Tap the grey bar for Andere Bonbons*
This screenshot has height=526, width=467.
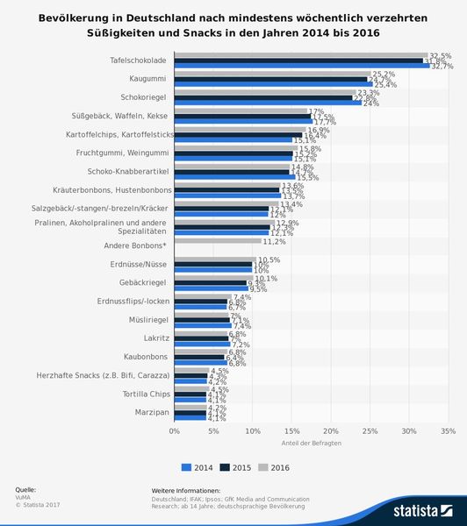click(x=218, y=240)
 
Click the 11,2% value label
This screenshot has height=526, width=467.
click(x=275, y=241)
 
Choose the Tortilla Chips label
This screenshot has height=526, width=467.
click(x=146, y=394)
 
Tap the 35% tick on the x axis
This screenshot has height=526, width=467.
click(x=448, y=431)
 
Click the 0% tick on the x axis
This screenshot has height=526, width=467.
click(x=175, y=431)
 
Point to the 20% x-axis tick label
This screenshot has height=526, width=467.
click(x=331, y=431)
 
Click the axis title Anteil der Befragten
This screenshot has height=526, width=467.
click(x=311, y=444)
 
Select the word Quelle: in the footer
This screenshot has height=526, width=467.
click(x=25, y=488)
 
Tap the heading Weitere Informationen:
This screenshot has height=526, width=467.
click(x=186, y=490)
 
